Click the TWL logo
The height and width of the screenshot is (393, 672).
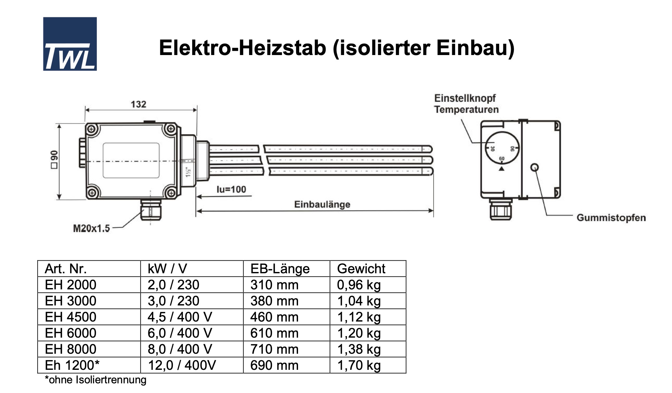[x=70, y=44]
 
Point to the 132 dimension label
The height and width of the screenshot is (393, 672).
[x=138, y=104]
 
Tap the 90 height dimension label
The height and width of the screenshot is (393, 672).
[x=54, y=159]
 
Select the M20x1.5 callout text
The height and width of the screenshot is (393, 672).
[x=91, y=229]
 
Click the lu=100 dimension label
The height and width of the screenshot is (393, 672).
[x=231, y=189]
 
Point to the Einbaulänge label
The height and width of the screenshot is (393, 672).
[x=322, y=204]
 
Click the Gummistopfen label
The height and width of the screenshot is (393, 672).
[x=611, y=218]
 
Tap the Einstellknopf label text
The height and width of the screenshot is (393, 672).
[x=465, y=98]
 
